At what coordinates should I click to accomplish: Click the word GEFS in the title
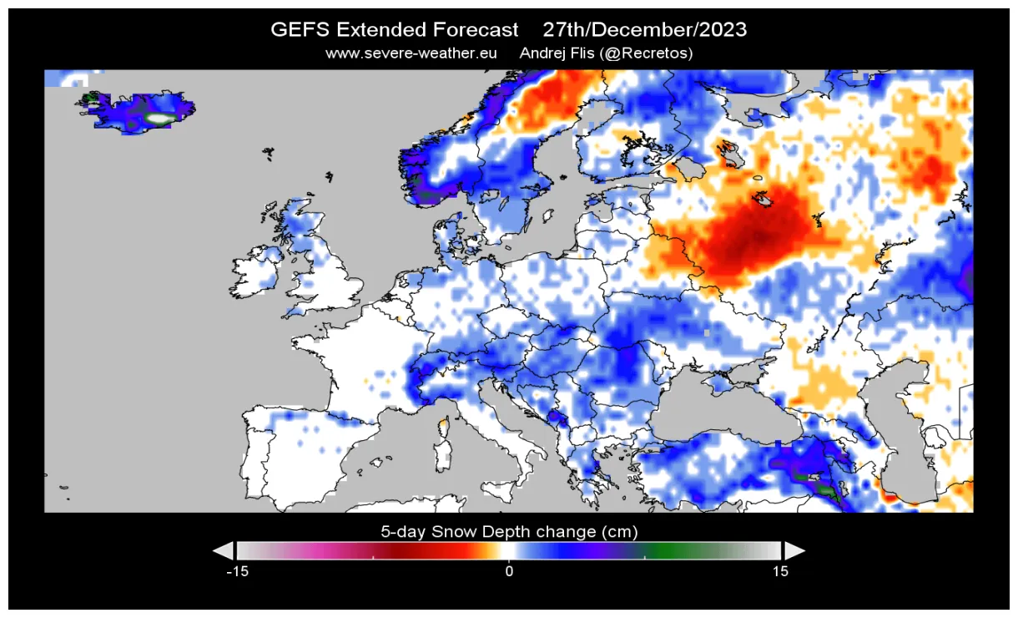tap(300, 30)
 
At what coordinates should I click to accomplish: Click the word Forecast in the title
tap(475, 30)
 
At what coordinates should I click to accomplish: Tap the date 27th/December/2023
tap(644, 30)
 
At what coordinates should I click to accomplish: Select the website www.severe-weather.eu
tap(411, 53)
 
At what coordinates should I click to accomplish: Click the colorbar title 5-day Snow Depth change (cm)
tap(509, 532)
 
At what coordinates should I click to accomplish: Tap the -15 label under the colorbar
tap(239, 572)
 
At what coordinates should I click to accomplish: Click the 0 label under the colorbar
tap(509, 572)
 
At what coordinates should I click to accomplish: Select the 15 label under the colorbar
tap(779, 572)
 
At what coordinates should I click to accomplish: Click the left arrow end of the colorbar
tap(223, 550)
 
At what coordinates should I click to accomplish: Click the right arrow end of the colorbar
tap(795, 550)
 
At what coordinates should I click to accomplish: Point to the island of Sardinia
tap(441, 455)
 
